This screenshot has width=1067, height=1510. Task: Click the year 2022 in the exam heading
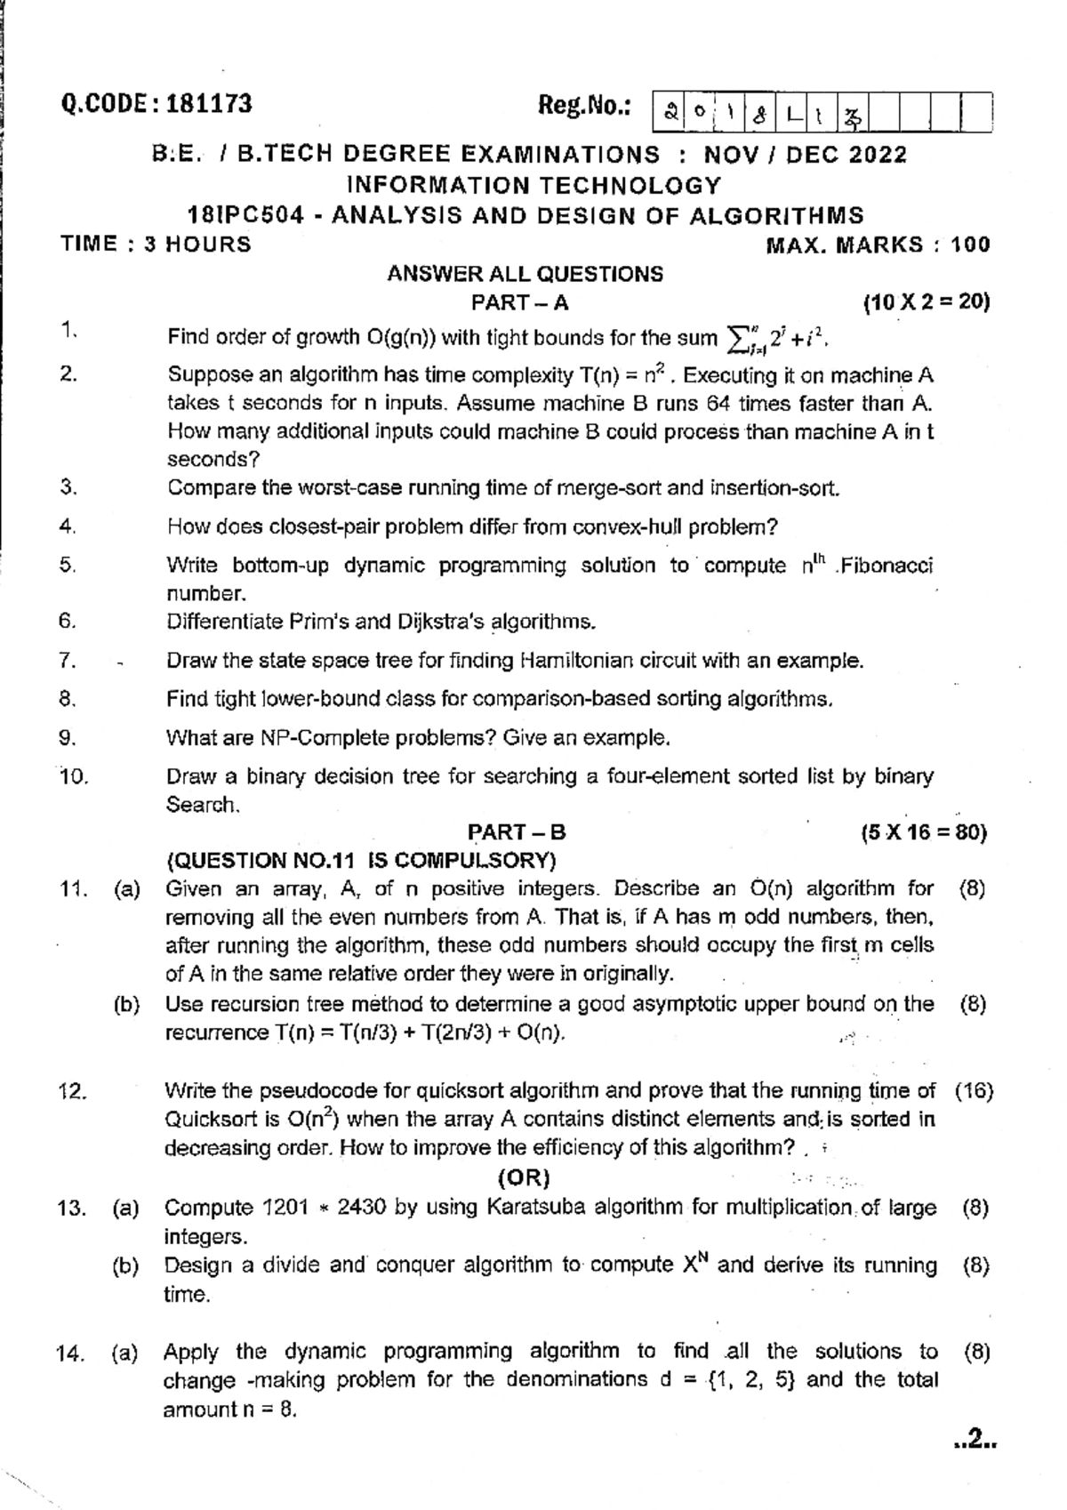877,155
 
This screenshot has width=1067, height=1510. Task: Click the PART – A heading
519,302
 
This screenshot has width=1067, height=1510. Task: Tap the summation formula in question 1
778,338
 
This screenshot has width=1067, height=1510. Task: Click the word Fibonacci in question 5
887,566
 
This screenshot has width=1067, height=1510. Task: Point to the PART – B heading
517,832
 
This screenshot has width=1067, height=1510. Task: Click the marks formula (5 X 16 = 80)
924,833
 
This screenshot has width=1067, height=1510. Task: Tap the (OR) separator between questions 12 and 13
525,1178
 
